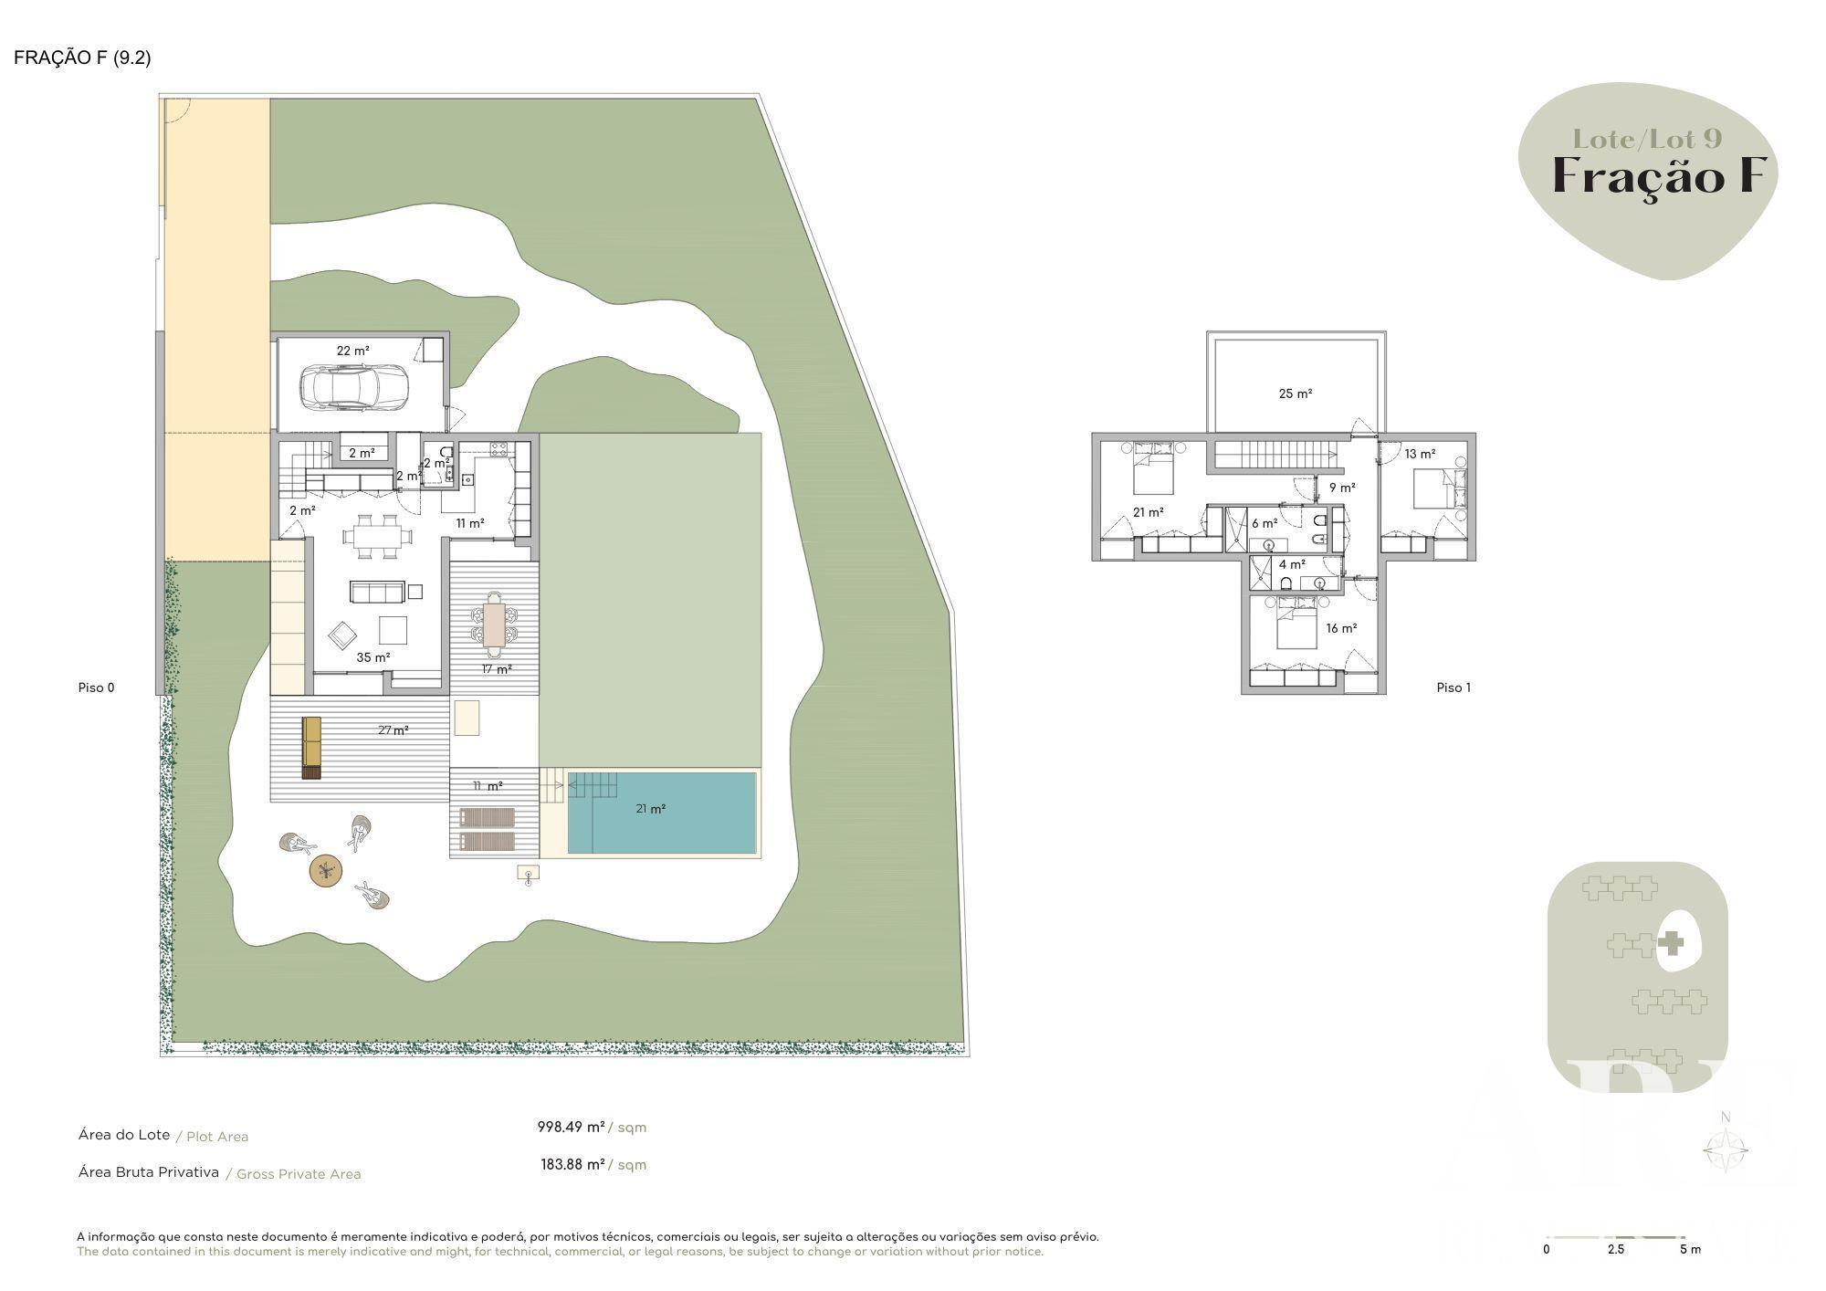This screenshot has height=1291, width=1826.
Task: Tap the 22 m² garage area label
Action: click(353, 351)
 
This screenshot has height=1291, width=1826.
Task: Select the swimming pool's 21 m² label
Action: click(651, 809)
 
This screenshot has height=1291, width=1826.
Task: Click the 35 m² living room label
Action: click(373, 657)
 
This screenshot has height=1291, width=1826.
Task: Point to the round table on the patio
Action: click(326, 870)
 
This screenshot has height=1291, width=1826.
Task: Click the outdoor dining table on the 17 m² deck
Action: click(494, 624)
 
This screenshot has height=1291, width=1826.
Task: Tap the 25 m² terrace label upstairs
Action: click(1296, 394)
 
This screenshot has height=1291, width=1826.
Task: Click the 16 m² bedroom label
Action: click(1341, 628)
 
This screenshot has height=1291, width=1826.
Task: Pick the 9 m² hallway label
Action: click(1342, 488)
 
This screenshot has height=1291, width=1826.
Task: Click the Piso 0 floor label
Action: click(97, 687)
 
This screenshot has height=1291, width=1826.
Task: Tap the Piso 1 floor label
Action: click(1453, 687)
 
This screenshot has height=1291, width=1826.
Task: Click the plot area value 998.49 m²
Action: click(571, 1127)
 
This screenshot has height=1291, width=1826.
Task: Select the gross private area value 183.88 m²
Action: click(572, 1164)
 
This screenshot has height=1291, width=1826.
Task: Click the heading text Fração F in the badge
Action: click(1660, 175)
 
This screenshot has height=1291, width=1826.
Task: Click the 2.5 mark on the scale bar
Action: click(1616, 1249)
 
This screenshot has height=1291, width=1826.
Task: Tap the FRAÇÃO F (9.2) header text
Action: click(82, 58)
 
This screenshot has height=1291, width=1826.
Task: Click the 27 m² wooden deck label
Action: click(394, 730)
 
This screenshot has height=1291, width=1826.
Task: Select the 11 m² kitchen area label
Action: click(470, 523)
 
